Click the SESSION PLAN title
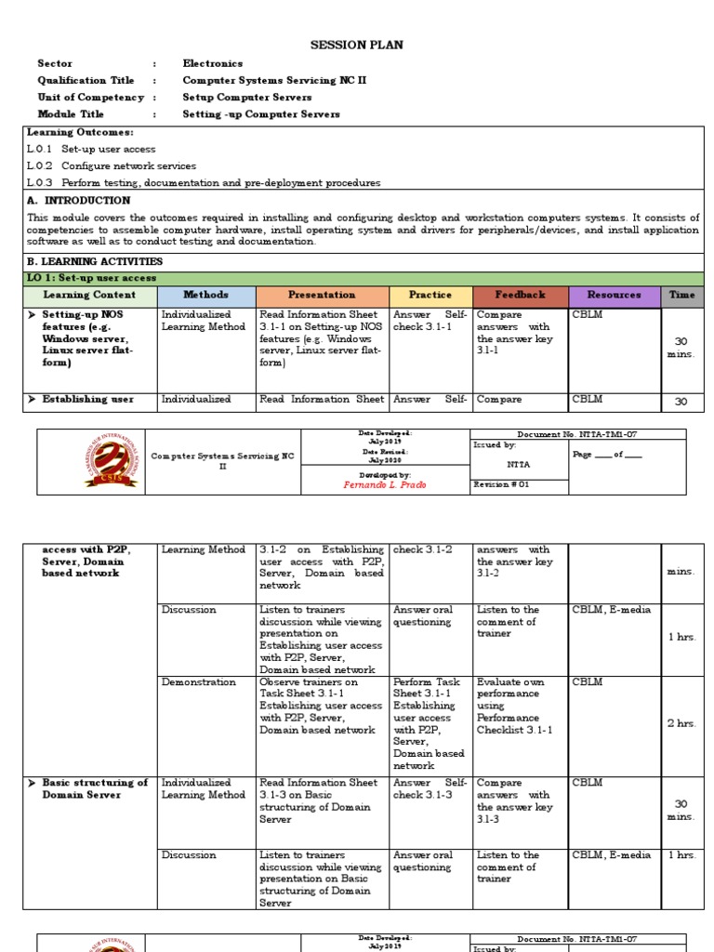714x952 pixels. [x=356, y=45]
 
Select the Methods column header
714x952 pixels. [x=205, y=295]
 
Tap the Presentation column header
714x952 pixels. [x=322, y=295]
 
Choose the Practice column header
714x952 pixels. [x=430, y=295]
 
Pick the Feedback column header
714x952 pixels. [x=520, y=295]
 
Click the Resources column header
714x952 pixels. [x=614, y=295]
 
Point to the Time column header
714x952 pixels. [x=681, y=295]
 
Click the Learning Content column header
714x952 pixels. [x=89, y=295]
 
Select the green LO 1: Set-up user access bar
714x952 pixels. [x=364, y=278]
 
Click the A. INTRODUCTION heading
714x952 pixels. [x=79, y=200]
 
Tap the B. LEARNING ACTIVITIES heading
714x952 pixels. [x=95, y=261]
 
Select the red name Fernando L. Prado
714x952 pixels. [x=383, y=485]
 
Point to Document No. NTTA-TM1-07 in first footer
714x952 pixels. [x=578, y=434]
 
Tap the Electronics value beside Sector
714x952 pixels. [x=213, y=63]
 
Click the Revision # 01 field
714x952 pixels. [x=502, y=484]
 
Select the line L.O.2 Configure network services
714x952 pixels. [x=112, y=165]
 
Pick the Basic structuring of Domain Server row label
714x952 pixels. [x=95, y=789]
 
